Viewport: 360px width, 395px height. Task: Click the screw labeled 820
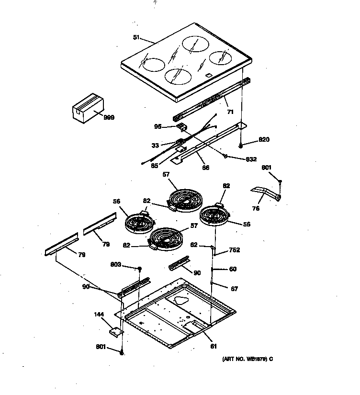point(242,144)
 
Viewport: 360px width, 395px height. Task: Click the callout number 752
point(234,250)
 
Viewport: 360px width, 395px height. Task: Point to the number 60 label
point(233,269)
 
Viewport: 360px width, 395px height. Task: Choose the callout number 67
point(234,289)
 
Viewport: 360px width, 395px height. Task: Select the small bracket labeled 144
point(115,330)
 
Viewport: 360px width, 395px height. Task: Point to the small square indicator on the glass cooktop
point(209,76)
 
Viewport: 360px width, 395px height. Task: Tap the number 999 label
point(109,117)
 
